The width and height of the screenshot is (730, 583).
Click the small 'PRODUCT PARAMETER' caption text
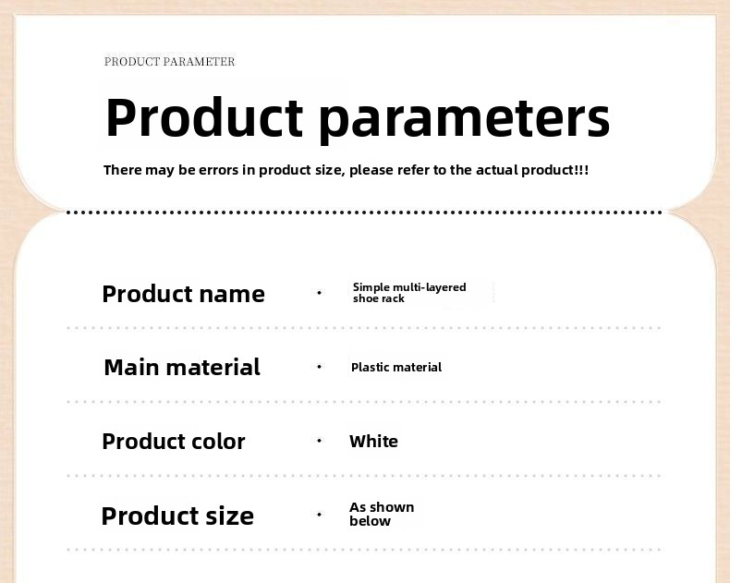[x=169, y=62]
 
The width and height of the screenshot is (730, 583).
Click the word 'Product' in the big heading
[x=204, y=117]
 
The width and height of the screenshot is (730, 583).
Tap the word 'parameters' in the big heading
[x=465, y=120]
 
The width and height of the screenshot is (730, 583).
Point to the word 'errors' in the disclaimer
[x=218, y=170]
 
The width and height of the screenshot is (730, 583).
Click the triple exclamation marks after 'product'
[x=582, y=170]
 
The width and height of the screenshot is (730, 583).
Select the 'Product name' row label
[x=184, y=294]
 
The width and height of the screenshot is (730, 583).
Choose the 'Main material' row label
[x=182, y=368]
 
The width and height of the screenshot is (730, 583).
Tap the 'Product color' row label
[x=173, y=442]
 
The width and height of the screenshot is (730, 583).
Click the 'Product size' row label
[x=177, y=516]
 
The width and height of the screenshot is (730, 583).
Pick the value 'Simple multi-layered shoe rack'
[x=409, y=293]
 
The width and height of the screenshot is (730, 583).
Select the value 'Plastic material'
[x=396, y=368]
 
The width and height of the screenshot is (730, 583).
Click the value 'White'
[x=374, y=442]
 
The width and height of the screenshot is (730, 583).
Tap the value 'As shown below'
[x=382, y=514]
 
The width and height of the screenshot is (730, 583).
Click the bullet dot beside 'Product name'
[x=319, y=293]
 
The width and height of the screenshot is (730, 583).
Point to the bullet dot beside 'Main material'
[x=319, y=367]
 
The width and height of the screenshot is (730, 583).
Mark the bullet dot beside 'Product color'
[x=319, y=441]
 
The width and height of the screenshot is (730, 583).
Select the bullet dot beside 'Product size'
[x=319, y=515]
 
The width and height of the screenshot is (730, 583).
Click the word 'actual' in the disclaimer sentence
[x=496, y=170]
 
